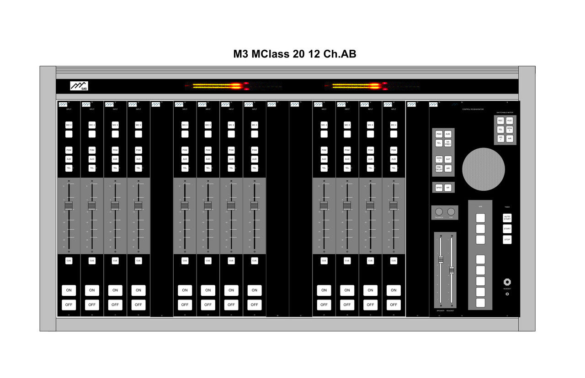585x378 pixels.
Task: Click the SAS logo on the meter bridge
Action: tap(79, 86)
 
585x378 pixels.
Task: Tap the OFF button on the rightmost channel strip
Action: tap(394, 304)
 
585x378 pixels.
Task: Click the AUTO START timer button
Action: tap(507, 218)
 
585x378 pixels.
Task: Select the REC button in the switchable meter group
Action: tap(501, 121)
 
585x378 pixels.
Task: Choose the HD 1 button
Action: tap(501, 138)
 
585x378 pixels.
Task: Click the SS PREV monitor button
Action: tap(448, 143)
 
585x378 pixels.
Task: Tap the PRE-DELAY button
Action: tap(439, 168)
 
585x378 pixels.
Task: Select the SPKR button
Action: tap(439, 188)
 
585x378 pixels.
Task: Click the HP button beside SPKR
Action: tap(448, 188)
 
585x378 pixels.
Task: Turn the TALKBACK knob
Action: tap(439, 212)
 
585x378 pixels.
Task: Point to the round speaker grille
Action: tap(484, 169)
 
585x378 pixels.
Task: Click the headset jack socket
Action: tap(507, 282)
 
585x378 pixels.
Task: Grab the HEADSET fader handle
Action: tap(452, 270)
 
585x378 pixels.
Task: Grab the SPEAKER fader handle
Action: tap(441, 260)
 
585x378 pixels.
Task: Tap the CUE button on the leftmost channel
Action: tap(69, 261)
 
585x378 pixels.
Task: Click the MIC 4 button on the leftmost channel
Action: tap(69, 125)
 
